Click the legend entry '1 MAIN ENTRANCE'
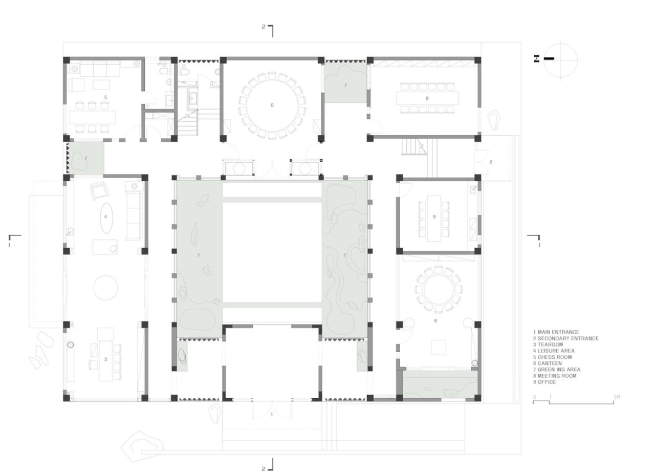(556, 332)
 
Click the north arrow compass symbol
(560, 59)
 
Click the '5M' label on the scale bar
(617, 397)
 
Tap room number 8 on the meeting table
(427, 98)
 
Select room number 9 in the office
(434, 217)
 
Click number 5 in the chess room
(105, 97)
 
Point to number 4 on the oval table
(106, 217)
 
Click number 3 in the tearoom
(106, 359)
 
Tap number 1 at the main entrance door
(272, 415)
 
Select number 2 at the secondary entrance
(490, 162)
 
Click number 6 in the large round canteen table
(272, 105)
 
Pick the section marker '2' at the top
(264, 27)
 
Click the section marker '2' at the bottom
(264, 468)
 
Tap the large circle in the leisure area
(106, 288)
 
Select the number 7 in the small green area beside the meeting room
(345, 85)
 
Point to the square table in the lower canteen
(438, 347)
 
